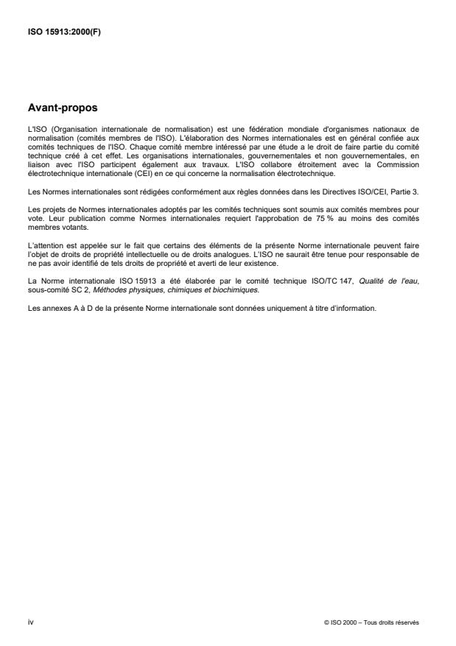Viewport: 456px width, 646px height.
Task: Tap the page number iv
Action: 30,622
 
